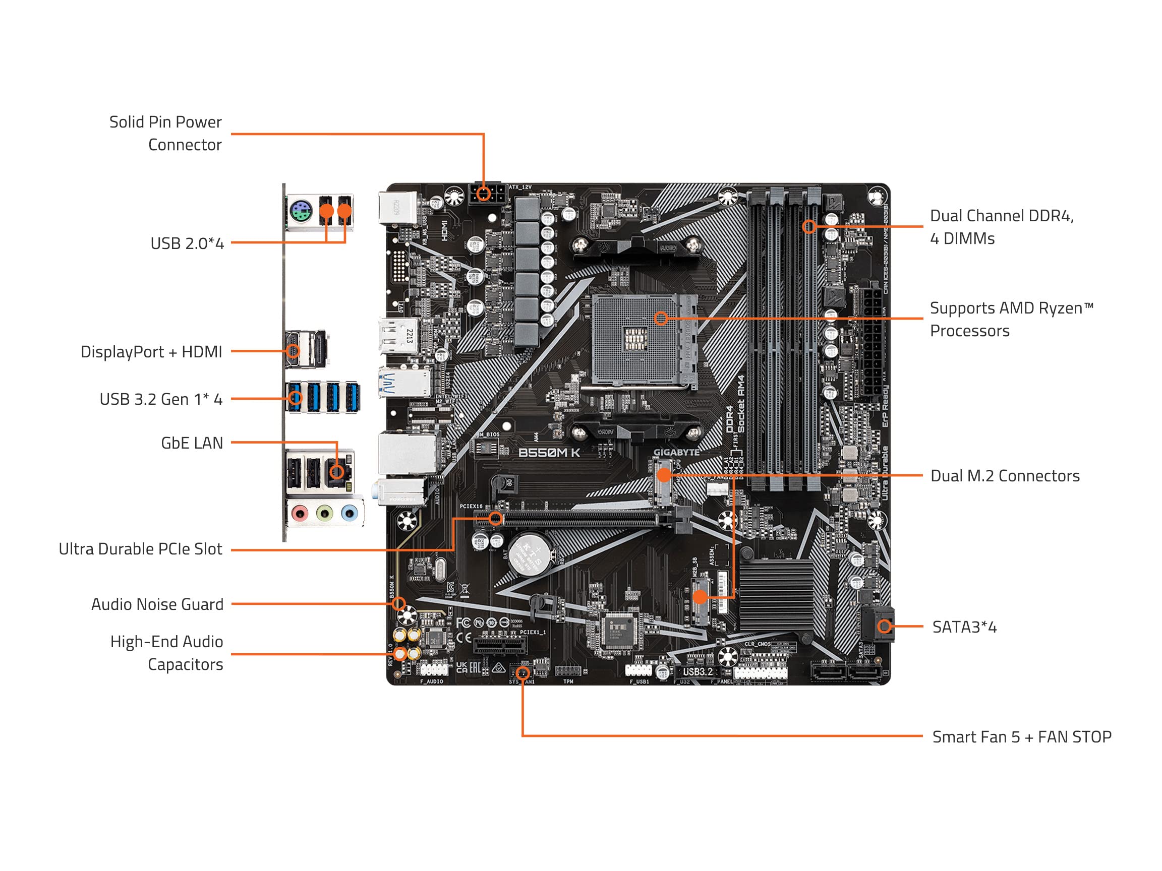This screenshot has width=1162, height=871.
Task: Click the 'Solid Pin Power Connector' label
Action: pos(165,134)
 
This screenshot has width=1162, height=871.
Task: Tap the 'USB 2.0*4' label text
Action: pos(187,243)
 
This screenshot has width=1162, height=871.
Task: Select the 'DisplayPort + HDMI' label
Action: pos(151,352)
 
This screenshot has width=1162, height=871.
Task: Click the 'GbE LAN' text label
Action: pos(192,443)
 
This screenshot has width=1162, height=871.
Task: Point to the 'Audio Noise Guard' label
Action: pos(157,604)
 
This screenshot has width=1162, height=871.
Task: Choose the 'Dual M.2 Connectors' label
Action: pos(1005,476)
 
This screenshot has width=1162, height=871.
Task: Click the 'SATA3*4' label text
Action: pos(964,627)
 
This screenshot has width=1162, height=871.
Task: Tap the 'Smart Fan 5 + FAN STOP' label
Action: pos(1021,737)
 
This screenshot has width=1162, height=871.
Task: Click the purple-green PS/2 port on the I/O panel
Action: pos(301,213)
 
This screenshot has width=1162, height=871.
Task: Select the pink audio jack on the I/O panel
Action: pos(300,513)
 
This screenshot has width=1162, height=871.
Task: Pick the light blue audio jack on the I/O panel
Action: pos(349,513)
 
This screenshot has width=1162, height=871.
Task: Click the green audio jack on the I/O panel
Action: pos(325,513)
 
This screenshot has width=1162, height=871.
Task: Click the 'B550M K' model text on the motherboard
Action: pos(549,453)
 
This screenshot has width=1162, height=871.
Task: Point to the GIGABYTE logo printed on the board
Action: pos(676,452)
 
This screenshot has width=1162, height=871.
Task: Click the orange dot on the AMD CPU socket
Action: pos(661,318)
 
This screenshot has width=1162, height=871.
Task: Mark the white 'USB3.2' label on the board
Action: pos(698,671)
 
